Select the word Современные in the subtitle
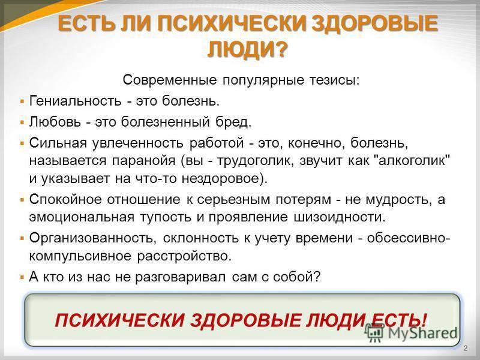pos(170,80)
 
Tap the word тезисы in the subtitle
pos(335,80)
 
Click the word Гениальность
pos(76,101)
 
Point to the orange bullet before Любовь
pos(22,122)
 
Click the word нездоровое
pos(224,178)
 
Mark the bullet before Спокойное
pos(22,200)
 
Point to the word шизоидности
pos(340,217)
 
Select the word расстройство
pos(184,256)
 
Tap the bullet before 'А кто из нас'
pos(22,277)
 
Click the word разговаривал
pos(181,277)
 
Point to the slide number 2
pos(466,348)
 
